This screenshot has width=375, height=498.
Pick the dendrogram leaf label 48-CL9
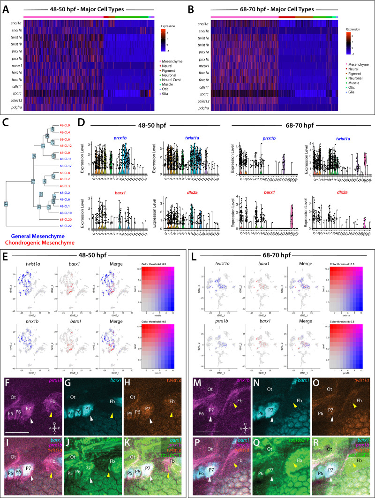64,125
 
